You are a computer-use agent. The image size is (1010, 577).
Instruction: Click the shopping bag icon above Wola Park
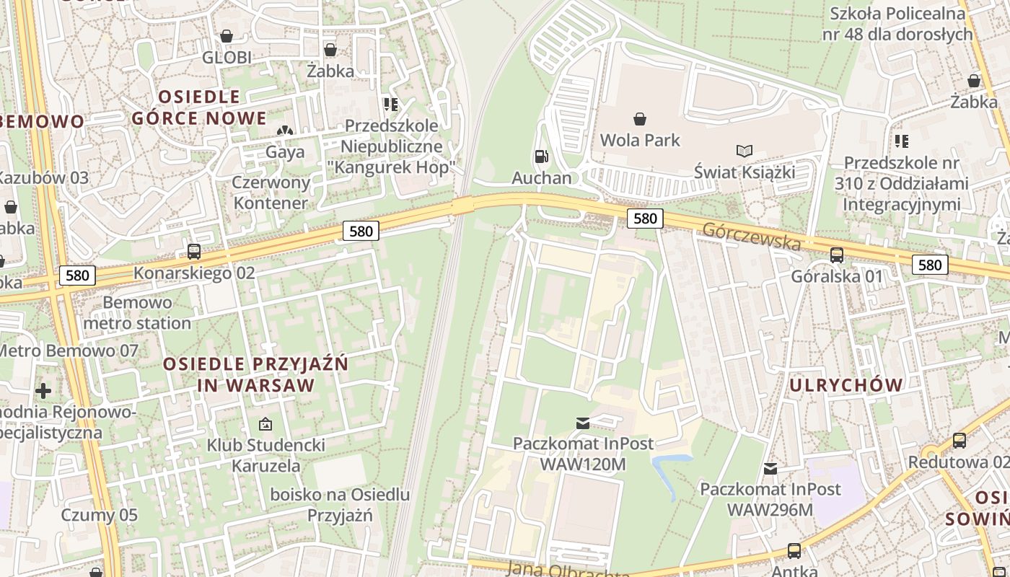pos(639,118)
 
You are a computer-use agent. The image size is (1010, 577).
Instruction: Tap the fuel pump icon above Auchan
pos(541,156)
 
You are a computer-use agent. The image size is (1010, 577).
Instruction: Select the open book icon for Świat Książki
pos(745,151)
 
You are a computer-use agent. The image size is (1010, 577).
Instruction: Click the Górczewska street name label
pos(751,237)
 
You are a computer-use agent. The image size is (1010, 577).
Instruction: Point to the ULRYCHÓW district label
pos(846,385)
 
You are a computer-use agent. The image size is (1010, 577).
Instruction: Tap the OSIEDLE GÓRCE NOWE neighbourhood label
pos(199,107)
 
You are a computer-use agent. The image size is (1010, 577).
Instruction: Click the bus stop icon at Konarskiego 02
pos(194,252)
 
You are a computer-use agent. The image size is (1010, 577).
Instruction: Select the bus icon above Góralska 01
pos(837,255)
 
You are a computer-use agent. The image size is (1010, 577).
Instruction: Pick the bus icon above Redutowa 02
pos(959,440)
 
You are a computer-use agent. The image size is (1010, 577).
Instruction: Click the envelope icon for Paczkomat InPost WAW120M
pos(583,423)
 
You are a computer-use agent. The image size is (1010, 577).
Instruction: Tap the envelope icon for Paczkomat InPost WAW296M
pos(770,469)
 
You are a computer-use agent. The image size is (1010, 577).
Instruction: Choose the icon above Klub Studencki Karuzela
pos(265,424)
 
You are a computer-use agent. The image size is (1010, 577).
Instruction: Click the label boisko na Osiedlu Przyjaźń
pos(340,505)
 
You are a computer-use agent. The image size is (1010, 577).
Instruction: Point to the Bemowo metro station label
pos(137,312)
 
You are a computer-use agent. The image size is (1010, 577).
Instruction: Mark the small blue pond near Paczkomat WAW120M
pos(667,472)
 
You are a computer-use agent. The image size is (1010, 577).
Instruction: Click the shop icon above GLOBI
pos(227,36)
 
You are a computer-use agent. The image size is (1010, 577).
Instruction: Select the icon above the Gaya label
pos(285,131)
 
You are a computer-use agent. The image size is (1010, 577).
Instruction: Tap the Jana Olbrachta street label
pos(568,569)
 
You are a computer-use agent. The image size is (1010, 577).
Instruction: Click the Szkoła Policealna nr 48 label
pos(897,23)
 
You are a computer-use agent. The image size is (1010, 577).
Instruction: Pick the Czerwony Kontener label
pos(271,193)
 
